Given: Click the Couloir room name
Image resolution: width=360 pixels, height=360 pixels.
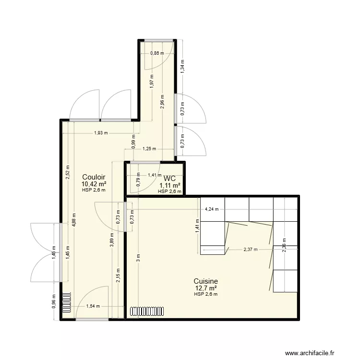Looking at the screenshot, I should [x=94, y=177].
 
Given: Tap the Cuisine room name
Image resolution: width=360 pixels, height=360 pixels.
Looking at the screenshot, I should [x=206, y=281].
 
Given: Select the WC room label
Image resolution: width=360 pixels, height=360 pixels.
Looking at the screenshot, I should [x=169, y=179].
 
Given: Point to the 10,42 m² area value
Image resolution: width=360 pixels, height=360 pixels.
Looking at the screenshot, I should [x=94, y=183].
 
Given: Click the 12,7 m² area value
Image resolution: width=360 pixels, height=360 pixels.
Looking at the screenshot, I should [x=206, y=288].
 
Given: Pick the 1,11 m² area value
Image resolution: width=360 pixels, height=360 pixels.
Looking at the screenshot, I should [x=170, y=185].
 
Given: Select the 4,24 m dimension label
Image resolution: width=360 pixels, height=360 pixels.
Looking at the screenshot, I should [x=212, y=209].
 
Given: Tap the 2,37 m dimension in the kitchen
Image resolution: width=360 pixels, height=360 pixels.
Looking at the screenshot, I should [x=251, y=249].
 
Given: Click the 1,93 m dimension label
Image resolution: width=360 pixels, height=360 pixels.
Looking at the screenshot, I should [x=101, y=133].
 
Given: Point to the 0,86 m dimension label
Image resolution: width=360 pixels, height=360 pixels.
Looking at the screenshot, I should [x=157, y=53].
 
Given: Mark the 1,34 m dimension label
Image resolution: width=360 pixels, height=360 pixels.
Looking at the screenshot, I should [x=182, y=69].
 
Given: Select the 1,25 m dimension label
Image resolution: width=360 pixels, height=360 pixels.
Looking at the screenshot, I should [x=149, y=149].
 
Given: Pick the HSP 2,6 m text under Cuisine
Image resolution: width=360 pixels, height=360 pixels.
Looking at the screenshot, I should [x=206, y=294].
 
